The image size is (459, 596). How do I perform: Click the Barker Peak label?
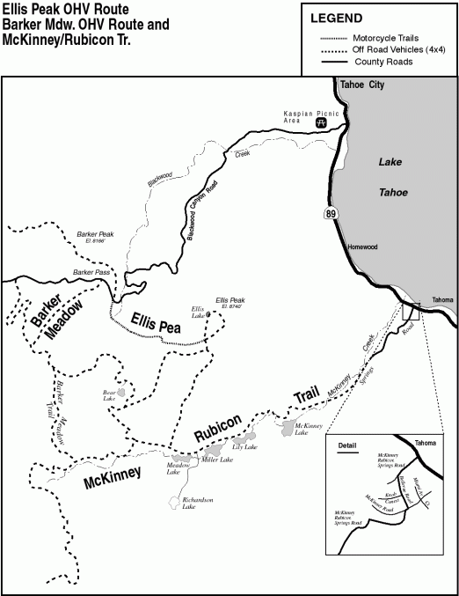click(x=96, y=237)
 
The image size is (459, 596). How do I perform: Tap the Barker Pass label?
click(x=92, y=273)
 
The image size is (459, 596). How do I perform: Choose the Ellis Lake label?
click(x=198, y=312)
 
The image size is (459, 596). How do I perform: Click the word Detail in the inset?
click(x=348, y=445)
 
